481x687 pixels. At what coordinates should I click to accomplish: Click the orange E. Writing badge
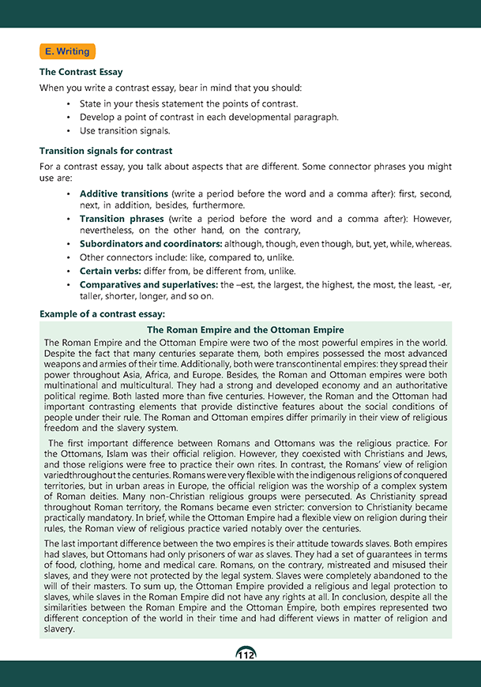[66, 51]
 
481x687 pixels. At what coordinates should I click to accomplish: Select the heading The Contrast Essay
[81, 72]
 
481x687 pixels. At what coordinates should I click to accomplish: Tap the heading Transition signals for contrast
[106, 150]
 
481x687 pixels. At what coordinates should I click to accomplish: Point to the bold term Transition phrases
[122, 219]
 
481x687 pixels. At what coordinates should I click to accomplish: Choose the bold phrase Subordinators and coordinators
[152, 244]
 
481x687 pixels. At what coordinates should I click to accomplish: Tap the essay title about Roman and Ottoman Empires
[246, 329]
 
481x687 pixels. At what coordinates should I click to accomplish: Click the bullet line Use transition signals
[125, 130]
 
